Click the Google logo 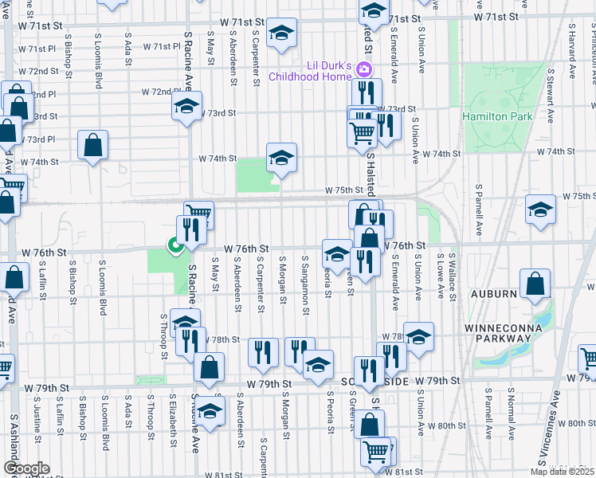pos(25,468)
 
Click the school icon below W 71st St pos(281,34)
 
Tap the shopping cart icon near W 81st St pos(376,452)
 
